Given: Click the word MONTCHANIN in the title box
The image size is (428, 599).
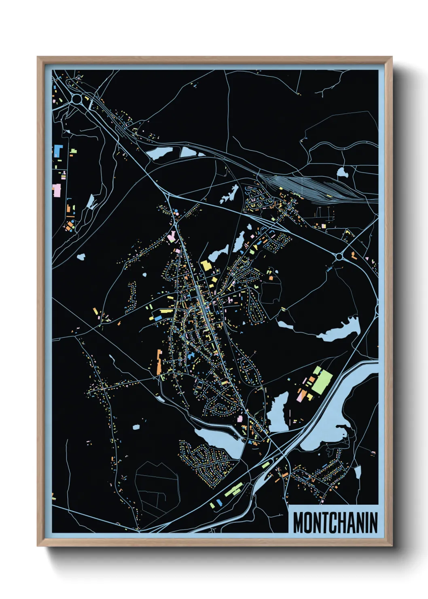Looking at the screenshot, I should click(x=335, y=523).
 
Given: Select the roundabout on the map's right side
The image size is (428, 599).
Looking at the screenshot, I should click(x=339, y=257).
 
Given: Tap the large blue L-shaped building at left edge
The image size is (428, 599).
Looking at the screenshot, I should click(x=57, y=150).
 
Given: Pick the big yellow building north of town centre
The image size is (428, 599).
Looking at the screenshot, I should click(x=206, y=266).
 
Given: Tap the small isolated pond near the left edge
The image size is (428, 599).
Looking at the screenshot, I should click(x=81, y=256).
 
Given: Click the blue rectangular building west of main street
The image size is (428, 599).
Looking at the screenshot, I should click(x=190, y=356).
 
